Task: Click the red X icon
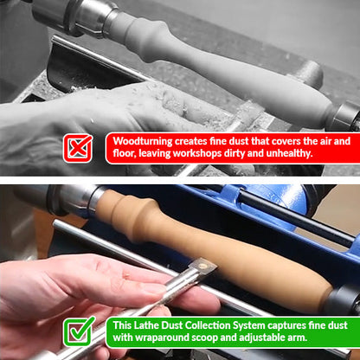point(78,146)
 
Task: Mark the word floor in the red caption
point(124,153)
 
